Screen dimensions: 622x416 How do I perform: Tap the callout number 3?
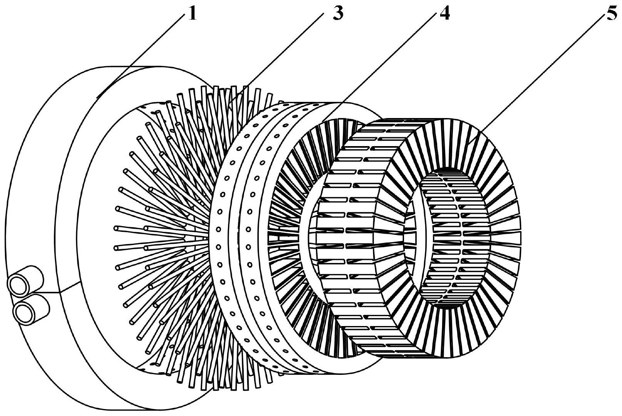[338, 13]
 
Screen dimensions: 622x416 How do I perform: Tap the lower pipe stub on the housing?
[32, 310]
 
